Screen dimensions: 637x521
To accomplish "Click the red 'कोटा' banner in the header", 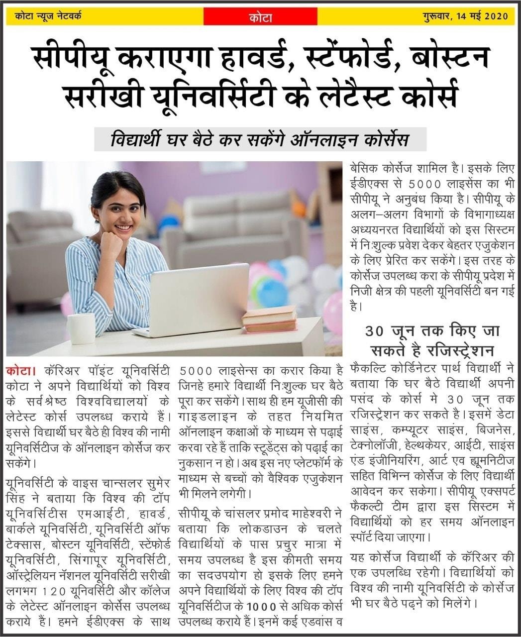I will (x=260, y=17).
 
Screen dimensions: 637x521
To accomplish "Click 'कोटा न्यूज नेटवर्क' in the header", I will (x=48, y=16).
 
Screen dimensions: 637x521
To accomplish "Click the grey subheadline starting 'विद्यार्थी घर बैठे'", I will (x=260, y=140).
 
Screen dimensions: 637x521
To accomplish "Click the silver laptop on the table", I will (x=199, y=299).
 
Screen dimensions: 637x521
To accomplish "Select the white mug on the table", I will (x=81, y=328).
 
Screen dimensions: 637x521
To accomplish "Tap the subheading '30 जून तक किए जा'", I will (x=432, y=331).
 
